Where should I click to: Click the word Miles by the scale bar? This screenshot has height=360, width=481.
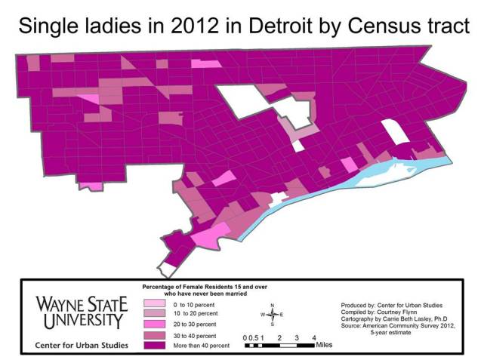[324, 346]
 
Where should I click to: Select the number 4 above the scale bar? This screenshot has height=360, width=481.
[313, 337]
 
